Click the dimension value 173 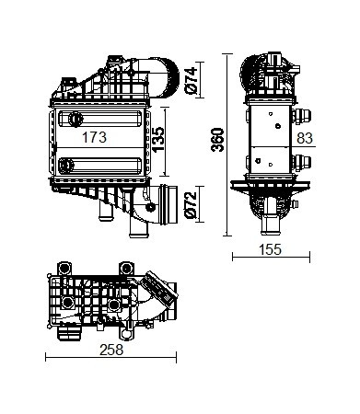point(94,137)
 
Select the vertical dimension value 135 point(158,140)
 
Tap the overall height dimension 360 point(217,140)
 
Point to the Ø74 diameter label point(191,80)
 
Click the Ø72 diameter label point(191,205)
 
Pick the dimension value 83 point(305,138)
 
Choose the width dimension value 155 point(270,249)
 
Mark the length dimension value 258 point(111,350)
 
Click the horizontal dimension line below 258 point(111,358)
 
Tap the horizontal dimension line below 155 point(271,257)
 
